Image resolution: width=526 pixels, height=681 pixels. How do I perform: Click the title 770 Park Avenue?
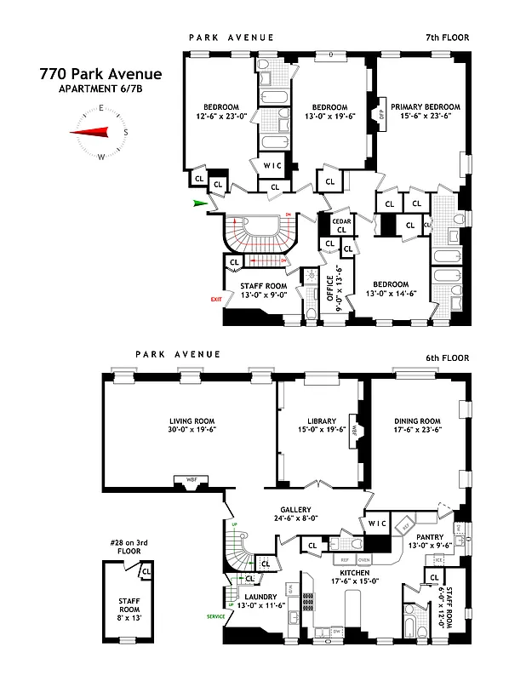100,74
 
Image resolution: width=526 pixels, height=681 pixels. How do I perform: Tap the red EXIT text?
216,300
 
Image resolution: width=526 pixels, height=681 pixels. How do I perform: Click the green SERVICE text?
216,615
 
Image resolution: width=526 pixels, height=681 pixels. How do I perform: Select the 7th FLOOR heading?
446,37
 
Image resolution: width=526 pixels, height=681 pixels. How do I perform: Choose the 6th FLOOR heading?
446,358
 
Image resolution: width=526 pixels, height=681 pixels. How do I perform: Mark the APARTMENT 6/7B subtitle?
100,89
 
